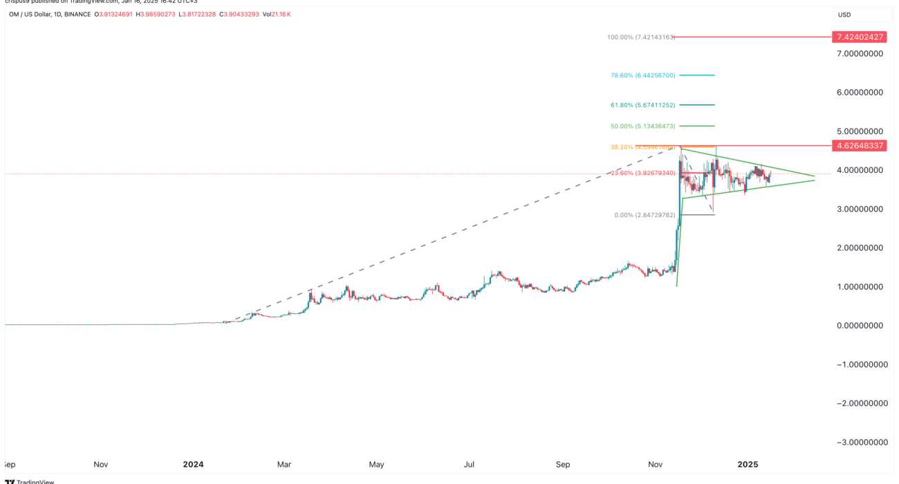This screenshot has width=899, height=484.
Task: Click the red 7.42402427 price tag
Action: point(859,37)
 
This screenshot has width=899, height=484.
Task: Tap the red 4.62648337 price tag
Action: point(859,145)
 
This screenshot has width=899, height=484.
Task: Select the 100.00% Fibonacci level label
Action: point(640,37)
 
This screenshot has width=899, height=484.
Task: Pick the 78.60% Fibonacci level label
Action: point(643,75)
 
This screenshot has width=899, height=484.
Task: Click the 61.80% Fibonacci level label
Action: point(643,105)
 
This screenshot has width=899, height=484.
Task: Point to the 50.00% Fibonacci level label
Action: point(643,126)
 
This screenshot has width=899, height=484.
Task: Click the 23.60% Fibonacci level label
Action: point(643,173)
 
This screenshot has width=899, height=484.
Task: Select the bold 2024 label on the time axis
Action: point(194,464)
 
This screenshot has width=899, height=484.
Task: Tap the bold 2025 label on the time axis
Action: point(748,464)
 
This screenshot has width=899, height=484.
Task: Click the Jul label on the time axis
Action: point(470,464)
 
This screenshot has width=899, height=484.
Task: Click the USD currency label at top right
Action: point(844,15)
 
